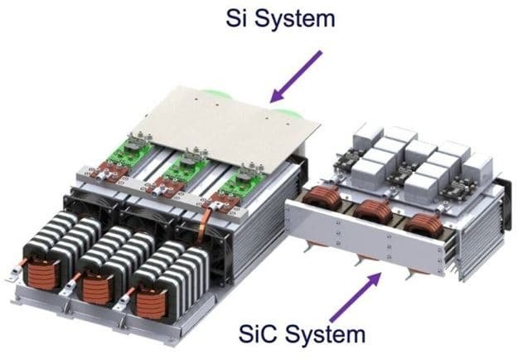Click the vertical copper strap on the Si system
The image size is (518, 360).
tap(201, 236)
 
